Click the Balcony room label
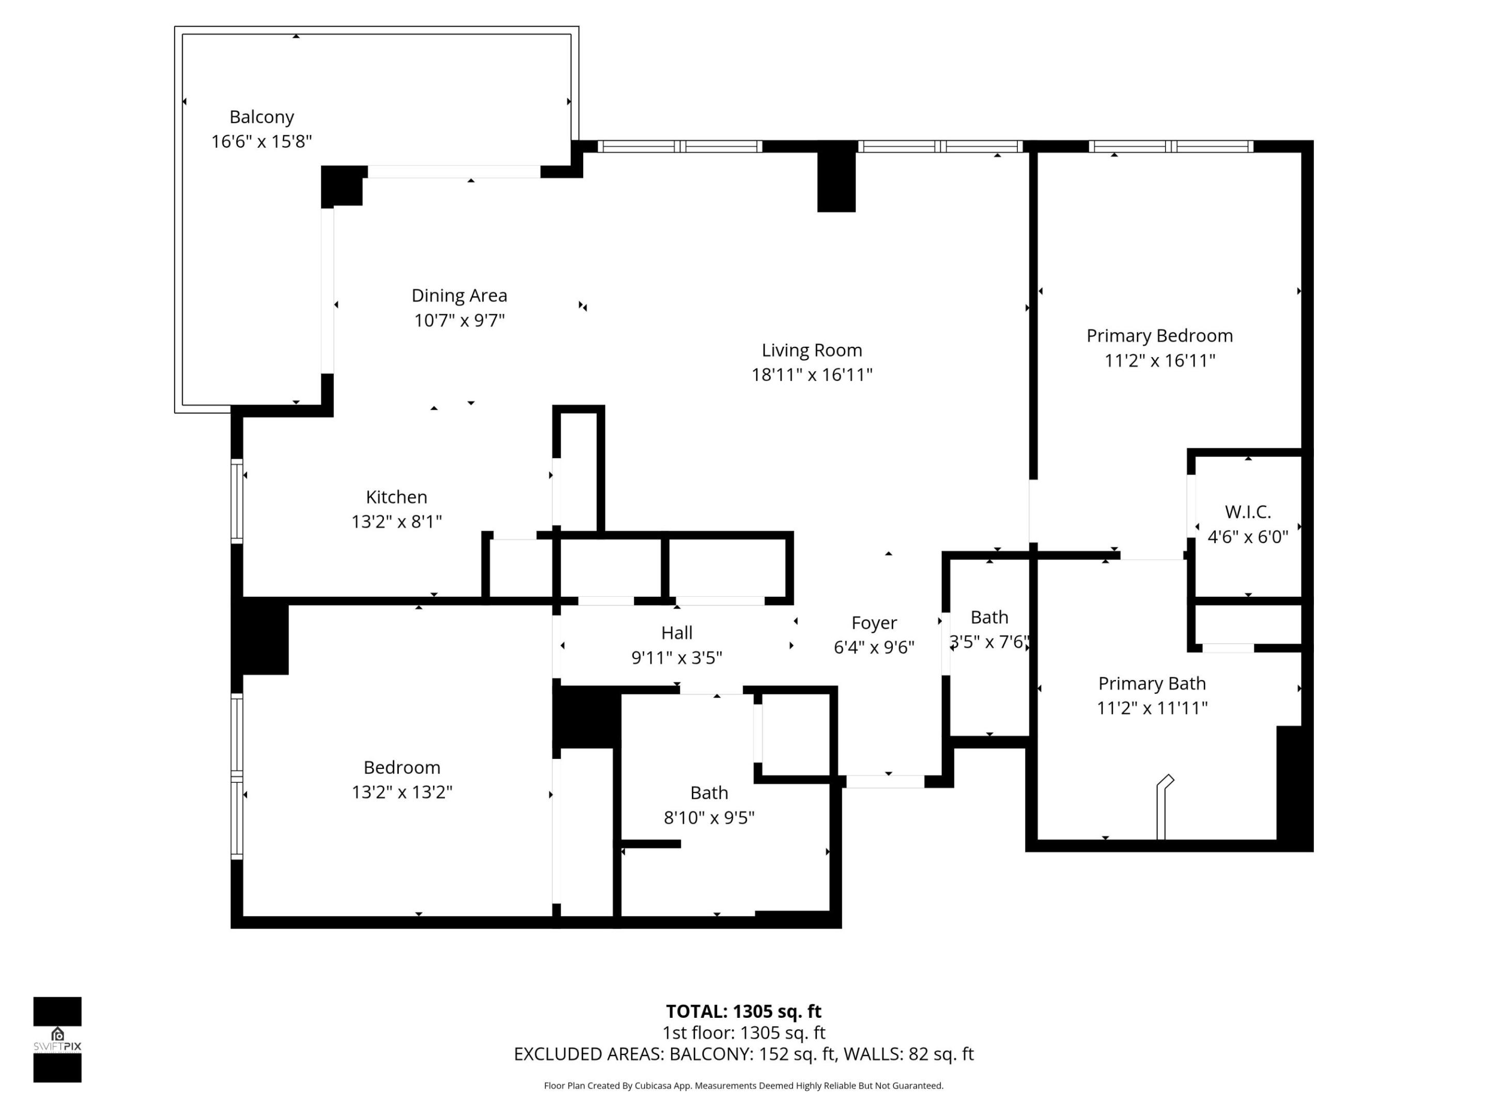click(261, 117)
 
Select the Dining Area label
click(459, 296)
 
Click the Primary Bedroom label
click(1159, 336)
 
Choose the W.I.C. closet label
click(1247, 512)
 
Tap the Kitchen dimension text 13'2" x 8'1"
click(396, 521)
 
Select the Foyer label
click(873, 623)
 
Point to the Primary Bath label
click(1152, 684)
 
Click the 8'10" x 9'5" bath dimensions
click(709, 817)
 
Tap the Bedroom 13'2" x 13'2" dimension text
click(401, 792)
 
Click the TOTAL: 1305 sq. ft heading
click(743, 1011)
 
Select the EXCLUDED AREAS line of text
click(743, 1054)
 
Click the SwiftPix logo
click(57, 1040)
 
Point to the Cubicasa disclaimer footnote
click(743, 1085)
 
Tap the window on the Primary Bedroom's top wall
click(1170, 147)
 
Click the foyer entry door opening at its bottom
click(885, 781)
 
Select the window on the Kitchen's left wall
click(237, 501)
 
